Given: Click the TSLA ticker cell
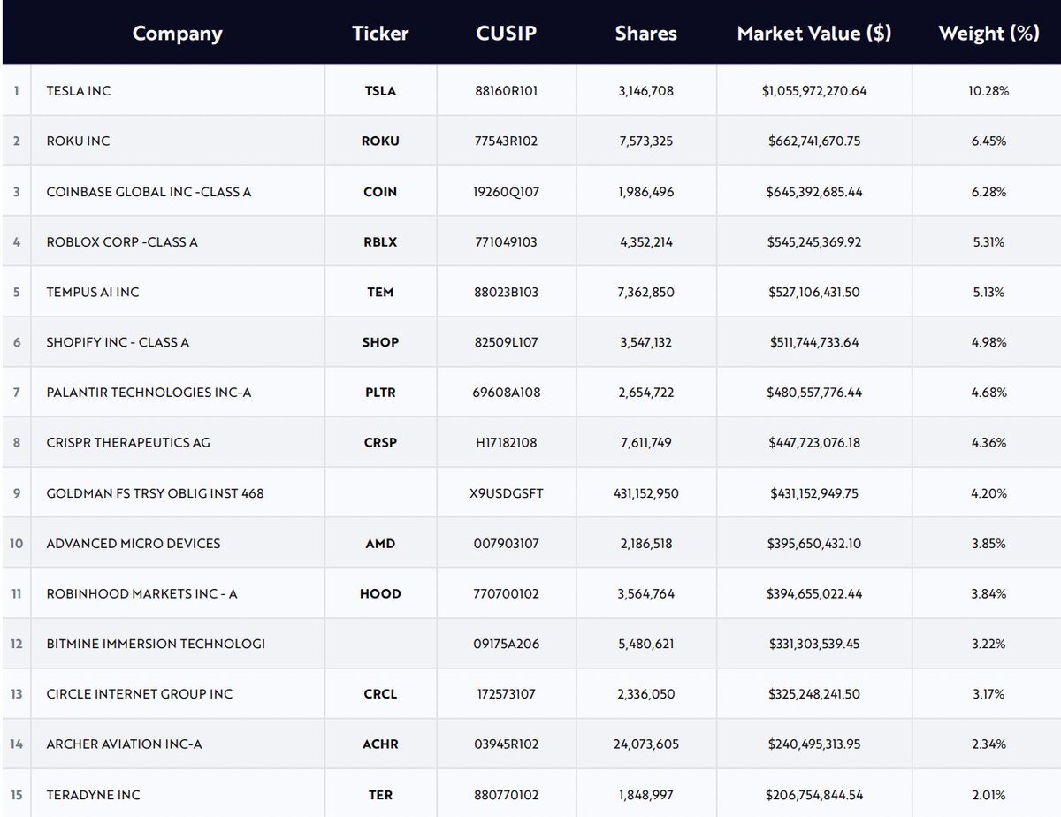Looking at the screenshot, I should click(380, 91).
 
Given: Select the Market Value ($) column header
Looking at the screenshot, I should click(814, 34).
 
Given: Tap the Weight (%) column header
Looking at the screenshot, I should click(988, 34).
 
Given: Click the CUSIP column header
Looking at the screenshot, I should click(506, 34).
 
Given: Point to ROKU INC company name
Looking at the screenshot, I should click(78, 141).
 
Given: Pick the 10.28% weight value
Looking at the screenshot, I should click(988, 91).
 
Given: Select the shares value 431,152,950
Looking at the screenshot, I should click(645, 493).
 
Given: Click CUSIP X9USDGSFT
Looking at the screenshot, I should click(506, 493).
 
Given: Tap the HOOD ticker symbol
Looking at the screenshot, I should click(380, 594).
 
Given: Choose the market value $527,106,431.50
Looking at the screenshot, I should click(814, 292).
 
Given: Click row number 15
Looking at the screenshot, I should click(16, 795).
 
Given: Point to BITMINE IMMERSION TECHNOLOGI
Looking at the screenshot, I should click(156, 644).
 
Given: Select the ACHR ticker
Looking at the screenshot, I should click(380, 744).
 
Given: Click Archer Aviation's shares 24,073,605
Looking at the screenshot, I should click(645, 744).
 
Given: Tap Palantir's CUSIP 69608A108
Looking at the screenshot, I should click(506, 393).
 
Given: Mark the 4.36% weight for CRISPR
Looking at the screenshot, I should click(988, 443).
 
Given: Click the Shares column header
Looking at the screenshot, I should click(645, 34).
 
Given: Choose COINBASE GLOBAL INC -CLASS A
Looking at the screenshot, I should click(149, 192).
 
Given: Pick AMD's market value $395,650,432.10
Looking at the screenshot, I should click(814, 544).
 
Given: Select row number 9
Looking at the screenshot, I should click(16, 493).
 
